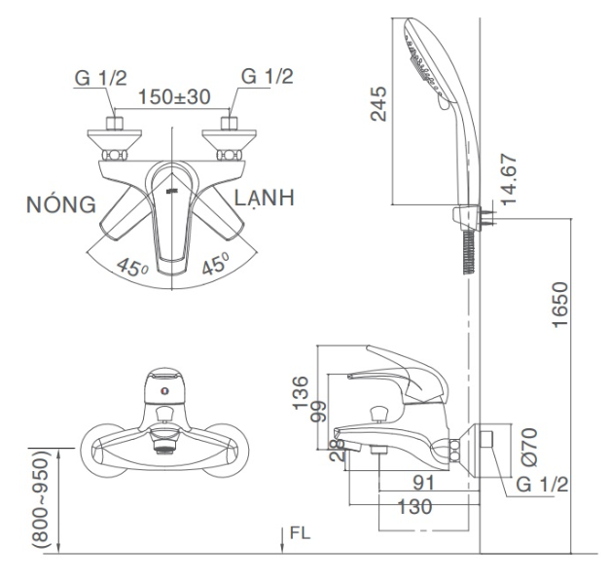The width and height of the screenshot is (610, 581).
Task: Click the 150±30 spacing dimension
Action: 174,96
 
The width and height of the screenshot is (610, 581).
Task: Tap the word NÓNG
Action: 61,203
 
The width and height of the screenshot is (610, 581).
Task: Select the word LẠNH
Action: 265,198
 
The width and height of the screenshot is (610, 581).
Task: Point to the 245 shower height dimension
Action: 378,104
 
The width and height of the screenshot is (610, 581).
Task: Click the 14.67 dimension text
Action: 509,179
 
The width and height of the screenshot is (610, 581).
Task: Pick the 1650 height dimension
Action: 560,305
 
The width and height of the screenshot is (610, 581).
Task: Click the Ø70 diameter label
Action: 529,447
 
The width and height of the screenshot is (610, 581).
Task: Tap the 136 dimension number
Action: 301,392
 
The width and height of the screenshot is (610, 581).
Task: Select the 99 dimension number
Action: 318,412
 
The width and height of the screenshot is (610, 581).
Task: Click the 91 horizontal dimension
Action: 423,483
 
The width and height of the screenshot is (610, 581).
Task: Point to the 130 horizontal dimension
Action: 414,507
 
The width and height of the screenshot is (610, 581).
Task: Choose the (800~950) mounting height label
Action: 41,499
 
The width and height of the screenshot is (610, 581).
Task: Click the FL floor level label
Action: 300,533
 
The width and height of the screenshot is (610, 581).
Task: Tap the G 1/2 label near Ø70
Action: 542,485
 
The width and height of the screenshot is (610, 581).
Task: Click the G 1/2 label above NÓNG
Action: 100,78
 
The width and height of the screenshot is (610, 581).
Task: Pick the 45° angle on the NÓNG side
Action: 132,268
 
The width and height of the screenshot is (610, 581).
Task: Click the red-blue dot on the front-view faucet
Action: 165,390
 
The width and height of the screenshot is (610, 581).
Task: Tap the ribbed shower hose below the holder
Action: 469,252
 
